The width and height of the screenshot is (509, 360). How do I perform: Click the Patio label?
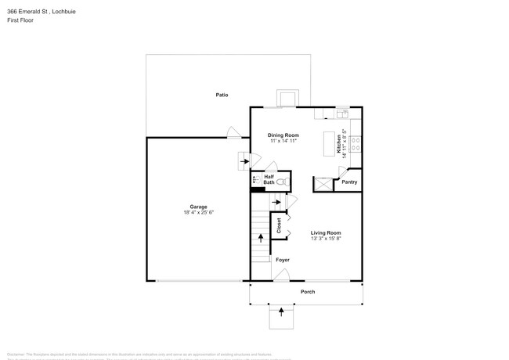pos(222,95)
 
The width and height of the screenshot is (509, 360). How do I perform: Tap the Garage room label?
pos(197,207)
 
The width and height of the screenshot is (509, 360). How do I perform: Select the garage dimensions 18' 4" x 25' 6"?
pos(198,212)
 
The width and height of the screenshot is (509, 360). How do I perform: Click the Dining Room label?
pos(283,135)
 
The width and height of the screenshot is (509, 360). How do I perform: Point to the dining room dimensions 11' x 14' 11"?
pos(283,142)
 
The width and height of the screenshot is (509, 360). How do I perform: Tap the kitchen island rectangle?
pos(330,144)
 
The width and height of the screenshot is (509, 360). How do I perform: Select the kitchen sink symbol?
pos(342,115)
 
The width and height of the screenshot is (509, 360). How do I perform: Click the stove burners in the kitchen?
pos(355,143)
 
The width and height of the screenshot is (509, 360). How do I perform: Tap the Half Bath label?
pos(269,180)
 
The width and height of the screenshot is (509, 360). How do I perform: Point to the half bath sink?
pos(255,180)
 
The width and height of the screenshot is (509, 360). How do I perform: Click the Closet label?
pos(280,226)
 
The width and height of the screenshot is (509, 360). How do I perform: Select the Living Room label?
pos(326,233)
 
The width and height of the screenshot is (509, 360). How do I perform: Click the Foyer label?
pos(282,260)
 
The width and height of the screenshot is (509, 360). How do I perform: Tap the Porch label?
pos(308,292)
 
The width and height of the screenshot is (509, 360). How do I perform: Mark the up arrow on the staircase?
pos(261,237)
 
